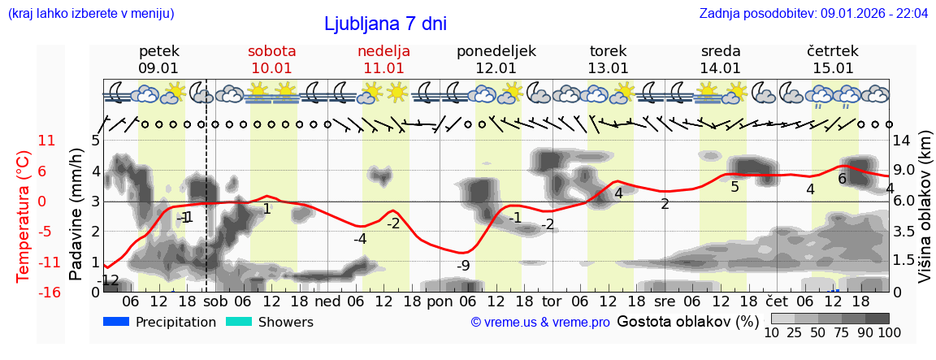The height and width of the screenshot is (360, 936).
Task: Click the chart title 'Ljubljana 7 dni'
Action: (385, 24)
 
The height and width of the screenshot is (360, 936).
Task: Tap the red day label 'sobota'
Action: (271, 51)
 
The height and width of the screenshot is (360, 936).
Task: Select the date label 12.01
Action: (496, 68)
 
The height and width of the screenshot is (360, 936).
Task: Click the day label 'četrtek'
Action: (833, 51)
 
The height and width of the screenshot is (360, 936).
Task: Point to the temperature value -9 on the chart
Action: (463, 265)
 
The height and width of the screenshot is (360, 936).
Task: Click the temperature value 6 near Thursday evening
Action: (843, 179)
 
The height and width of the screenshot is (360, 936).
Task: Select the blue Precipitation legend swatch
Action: (116, 322)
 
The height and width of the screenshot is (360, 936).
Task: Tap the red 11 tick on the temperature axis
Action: (47, 141)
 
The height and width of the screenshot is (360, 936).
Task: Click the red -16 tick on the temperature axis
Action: (47, 293)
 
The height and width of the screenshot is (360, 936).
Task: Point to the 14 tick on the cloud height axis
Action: (903, 141)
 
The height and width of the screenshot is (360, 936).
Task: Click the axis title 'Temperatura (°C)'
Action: (23, 215)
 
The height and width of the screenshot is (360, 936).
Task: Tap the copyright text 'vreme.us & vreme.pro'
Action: (540, 323)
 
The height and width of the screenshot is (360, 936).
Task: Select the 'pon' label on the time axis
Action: (440, 300)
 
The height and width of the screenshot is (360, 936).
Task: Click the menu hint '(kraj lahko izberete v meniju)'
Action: (91, 14)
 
